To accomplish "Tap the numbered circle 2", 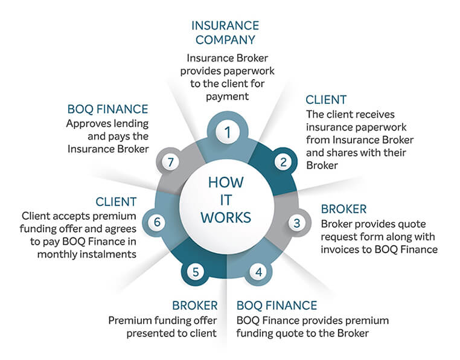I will point(283,161).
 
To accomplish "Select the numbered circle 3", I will point(296,222).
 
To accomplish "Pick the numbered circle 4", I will point(258,271).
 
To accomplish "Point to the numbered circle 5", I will point(196,272).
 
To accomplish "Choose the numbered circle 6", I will point(157,222).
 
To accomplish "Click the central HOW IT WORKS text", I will point(228,200).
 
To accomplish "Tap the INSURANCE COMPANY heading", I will point(225,33).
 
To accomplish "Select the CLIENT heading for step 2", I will point(326,100).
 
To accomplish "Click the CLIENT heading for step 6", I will point(116,202).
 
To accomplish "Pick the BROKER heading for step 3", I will point(343,209).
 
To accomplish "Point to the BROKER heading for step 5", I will point(194,305).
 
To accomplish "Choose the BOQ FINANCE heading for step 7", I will point(108,109).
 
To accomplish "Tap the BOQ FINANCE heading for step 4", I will point(276,305).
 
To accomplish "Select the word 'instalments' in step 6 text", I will point(109,254).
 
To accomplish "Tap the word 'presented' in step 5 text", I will point(134,333).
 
